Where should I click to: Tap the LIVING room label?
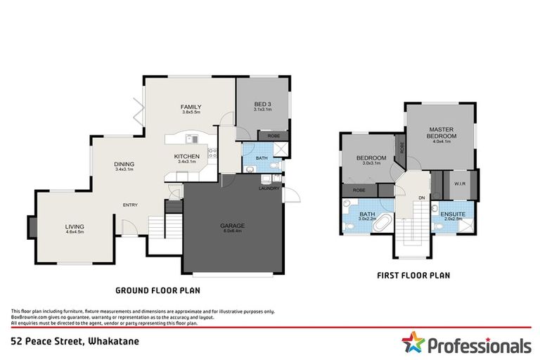[75, 226]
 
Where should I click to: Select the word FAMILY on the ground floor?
[191, 106]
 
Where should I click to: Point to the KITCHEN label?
[187, 156]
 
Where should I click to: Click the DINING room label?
[124, 165]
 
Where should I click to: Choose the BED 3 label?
[262, 105]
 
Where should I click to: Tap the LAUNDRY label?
[269, 188]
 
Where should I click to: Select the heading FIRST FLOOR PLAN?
[413, 275]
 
